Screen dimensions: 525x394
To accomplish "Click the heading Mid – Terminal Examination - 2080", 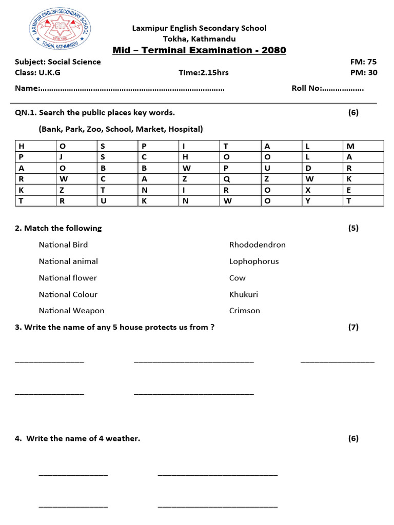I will [199, 50].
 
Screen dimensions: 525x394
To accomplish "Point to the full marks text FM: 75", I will [363, 62].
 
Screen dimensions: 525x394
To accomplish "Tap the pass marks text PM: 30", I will [364, 72].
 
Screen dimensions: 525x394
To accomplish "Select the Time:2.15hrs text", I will [204, 72].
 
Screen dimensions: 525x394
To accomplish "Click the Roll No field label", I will [306, 88].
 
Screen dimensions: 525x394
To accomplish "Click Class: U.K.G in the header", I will [37, 72].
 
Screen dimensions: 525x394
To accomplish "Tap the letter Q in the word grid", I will [227, 179].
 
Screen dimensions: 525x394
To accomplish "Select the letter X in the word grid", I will [308, 190].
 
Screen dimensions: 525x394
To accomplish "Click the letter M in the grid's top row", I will [350, 146].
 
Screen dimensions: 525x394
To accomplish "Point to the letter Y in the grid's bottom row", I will [308, 201].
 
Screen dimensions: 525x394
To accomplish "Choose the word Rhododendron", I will [257, 245].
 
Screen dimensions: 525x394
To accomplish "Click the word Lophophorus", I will [254, 261].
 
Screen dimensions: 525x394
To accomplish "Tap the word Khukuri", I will [244, 294].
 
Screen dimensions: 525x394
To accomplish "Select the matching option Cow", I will [238, 278].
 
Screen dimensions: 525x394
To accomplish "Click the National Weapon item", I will [71, 311].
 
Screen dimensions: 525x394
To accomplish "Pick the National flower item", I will [68, 278].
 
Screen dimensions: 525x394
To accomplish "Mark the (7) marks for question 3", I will [353, 327].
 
